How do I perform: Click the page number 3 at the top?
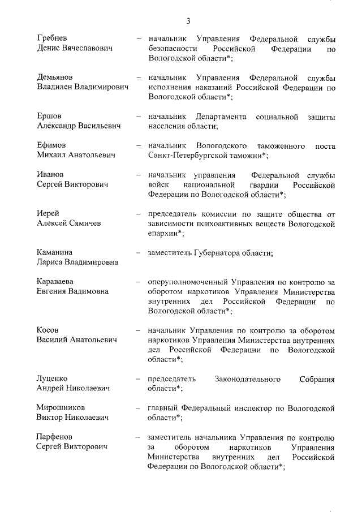click(188, 21)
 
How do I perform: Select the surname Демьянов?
click(55, 77)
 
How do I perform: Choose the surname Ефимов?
click(51, 145)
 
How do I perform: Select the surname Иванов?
click(50, 175)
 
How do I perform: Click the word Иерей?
click(48, 213)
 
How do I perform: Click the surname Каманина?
click(55, 252)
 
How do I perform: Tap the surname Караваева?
click(56, 281)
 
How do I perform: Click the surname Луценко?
click(52, 378)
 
